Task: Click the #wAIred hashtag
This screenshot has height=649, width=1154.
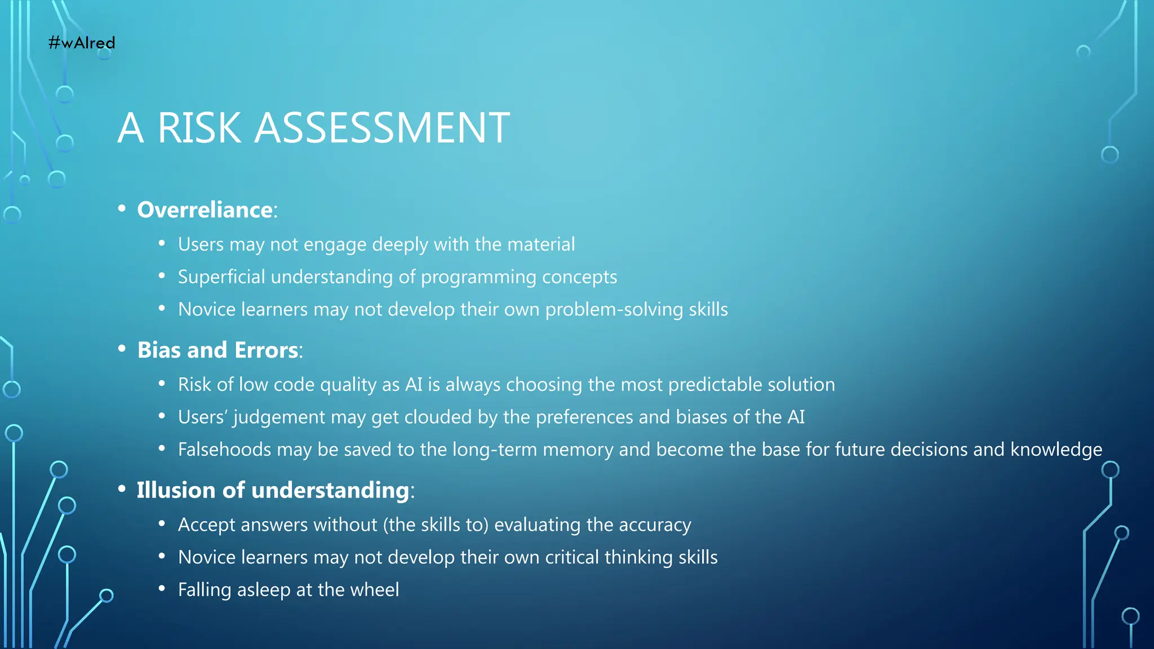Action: coord(82,43)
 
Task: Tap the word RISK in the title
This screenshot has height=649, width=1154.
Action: coord(199,128)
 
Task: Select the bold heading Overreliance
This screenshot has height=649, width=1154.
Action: coord(205,210)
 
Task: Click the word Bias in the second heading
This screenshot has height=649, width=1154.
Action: coord(159,350)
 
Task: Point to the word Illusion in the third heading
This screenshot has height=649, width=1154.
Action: coord(176,490)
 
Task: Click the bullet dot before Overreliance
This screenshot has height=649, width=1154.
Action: coord(122,209)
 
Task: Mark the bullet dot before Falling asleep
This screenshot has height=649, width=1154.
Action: coord(162,589)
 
